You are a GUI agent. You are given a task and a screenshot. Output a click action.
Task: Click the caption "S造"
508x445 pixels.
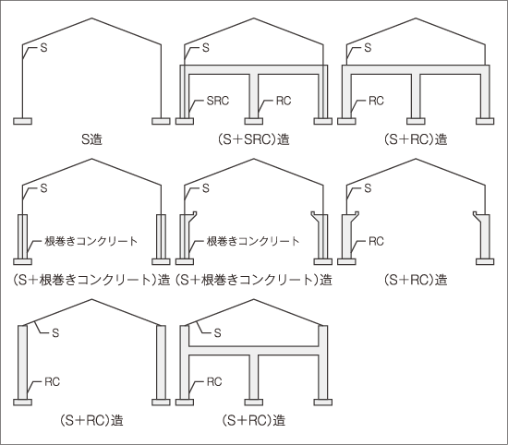(x=91, y=139)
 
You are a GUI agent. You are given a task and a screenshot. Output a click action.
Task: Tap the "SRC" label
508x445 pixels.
(x=218, y=101)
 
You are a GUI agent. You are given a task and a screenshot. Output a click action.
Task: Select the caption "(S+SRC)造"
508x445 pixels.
(x=254, y=139)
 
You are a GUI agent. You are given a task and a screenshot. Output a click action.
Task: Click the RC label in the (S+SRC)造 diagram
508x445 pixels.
(x=284, y=101)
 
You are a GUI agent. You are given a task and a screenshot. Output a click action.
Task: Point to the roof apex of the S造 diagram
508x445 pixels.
(x=92, y=18)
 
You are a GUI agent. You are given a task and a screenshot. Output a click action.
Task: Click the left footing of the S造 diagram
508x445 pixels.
(x=23, y=121)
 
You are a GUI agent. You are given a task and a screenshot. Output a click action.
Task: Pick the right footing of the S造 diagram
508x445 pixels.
(x=161, y=121)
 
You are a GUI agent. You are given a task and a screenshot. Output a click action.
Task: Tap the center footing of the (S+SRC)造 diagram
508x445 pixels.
(x=254, y=121)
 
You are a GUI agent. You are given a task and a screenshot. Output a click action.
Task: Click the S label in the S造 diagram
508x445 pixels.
(x=43, y=48)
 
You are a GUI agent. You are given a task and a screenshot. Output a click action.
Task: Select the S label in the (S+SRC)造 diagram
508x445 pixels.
(x=206, y=48)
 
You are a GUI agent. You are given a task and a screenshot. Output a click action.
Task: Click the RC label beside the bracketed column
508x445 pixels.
(x=376, y=241)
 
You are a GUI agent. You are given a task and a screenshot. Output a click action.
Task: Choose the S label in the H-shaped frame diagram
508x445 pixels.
(x=217, y=332)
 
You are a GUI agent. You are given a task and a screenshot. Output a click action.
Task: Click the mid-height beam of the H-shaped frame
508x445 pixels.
(x=254, y=351)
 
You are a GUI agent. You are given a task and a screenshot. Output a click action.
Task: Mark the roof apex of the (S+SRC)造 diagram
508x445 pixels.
(x=254, y=18)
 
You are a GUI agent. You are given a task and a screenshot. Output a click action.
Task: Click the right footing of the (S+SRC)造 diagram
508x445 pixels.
(x=323, y=121)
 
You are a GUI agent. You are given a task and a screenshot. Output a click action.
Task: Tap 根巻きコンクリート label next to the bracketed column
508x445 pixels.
(x=253, y=241)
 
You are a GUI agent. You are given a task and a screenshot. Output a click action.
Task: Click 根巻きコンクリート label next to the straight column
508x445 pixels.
(x=91, y=241)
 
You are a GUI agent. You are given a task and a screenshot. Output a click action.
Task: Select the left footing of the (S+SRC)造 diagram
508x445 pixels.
(x=185, y=121)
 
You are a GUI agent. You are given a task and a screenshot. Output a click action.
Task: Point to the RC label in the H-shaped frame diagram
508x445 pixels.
(x=214, y=382)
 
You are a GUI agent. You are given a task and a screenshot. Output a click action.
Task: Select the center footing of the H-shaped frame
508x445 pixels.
(x=254, y=403)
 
